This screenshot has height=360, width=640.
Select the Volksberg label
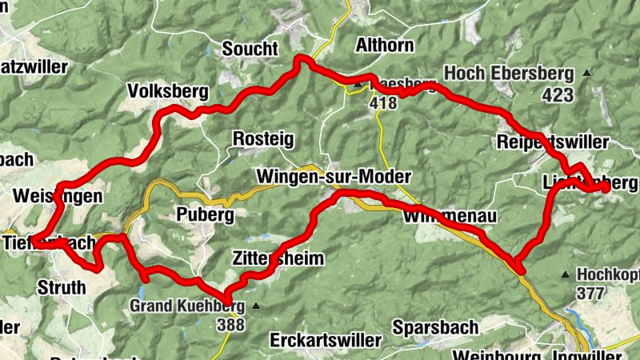click(x=167, y=92)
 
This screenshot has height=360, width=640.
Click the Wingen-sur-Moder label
click(x=334, y=176)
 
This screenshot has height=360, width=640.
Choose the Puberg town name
click(x=205, y=215)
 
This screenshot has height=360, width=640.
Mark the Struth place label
click(x=61, y=286)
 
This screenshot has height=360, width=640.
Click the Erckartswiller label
click(x=326, y=339)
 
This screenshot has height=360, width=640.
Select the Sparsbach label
click(x=435, y=327)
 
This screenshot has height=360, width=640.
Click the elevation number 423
click(x=558, y=95)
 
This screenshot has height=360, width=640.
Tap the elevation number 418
click(x=383, y=103)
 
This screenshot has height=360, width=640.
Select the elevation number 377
click(x=590, y=294)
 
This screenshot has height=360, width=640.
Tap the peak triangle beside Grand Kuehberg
click(x=255, y=306)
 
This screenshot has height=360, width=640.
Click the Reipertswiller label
click(x=553, y=142)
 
